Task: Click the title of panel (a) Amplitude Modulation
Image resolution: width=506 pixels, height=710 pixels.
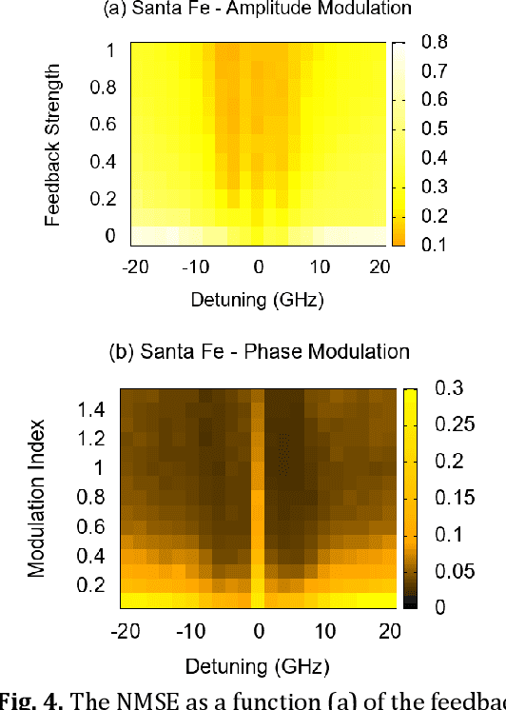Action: point(258,10)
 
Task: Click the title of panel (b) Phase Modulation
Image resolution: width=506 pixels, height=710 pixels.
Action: point(258,351)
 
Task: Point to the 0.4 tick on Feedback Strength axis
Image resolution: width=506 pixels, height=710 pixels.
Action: point(104,161)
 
